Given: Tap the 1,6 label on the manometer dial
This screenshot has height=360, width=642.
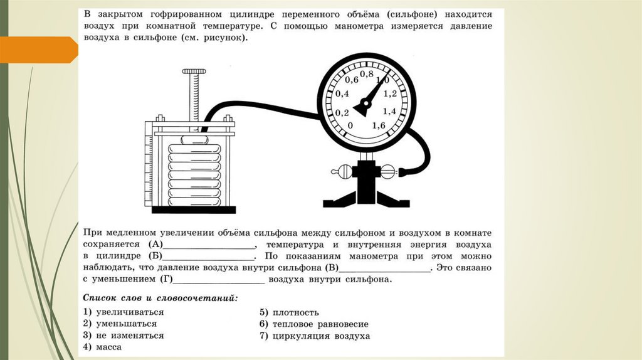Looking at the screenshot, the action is pyautogui.click(x=379, y=125).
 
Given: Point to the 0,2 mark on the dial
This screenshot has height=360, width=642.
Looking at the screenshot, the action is pyautogui.click(x=342, y=113).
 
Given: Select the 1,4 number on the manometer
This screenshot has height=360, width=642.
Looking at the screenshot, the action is pyautogui.click(x=389, y=111).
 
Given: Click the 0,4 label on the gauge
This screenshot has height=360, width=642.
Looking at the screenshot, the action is pyautogui.click(x=342, y=94).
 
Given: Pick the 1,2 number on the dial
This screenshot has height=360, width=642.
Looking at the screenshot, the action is pyautogui.click(x=389, y=94).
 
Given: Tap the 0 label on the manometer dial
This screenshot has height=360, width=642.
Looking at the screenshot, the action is pyautogui.click(x=350, y=125).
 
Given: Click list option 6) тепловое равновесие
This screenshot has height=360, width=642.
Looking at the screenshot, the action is pyautogui.click(x=314, y=324).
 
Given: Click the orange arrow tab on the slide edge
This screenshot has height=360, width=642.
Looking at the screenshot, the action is pyautogui.click(x=38, y=50).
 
